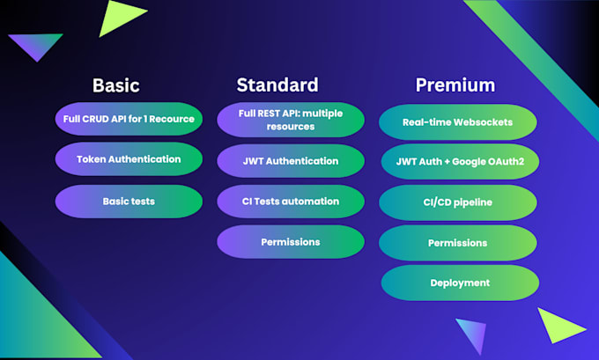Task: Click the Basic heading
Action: tap(115, 85)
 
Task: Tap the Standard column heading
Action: tap(277, 84)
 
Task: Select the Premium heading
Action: tap(455, 84)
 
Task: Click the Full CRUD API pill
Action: tap(129, 119)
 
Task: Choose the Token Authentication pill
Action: tap(129, 158)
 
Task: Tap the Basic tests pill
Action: tap(129, 202)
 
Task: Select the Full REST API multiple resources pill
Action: tap(291, 120)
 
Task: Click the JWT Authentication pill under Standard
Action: tap(291, 161)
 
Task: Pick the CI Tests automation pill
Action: tap(291, 202)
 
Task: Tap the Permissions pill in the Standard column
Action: tap(291, 242)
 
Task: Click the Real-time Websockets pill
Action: tap(458, 122)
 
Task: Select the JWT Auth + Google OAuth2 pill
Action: tap(460, 161)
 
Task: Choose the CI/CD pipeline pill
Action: tap(458, 202)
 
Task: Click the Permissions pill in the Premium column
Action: tap(458, 243)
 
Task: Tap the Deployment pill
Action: tap(460, 283)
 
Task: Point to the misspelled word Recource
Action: tap(172, 119)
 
